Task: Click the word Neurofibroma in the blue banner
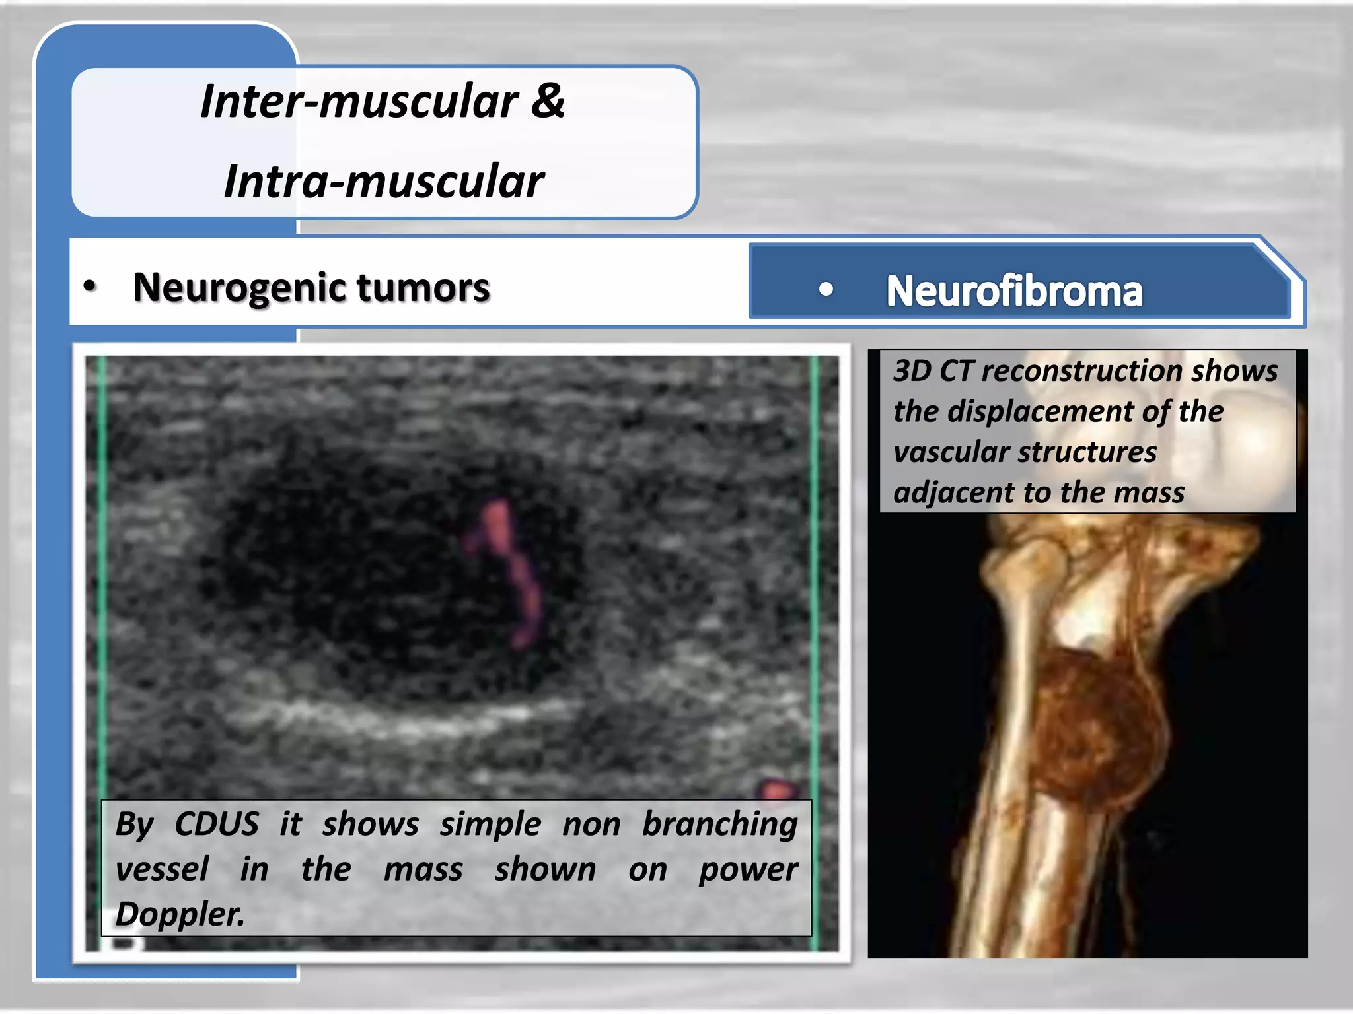tap(1013, 291)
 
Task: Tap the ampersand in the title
tap(548, 100)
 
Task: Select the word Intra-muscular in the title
tap(384, 182)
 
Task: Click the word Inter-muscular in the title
tap(359, 102)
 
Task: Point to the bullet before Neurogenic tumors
tap(90, 287)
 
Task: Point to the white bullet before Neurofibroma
tap(826, 289)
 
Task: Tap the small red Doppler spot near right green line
tap(777, 789)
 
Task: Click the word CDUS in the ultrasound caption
tap(217, 824)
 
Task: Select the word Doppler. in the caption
tap(180, 914)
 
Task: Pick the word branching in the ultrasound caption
tap(719, 824)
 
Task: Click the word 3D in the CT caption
tap(912, 370)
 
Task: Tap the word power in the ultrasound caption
tap(749, 869)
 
